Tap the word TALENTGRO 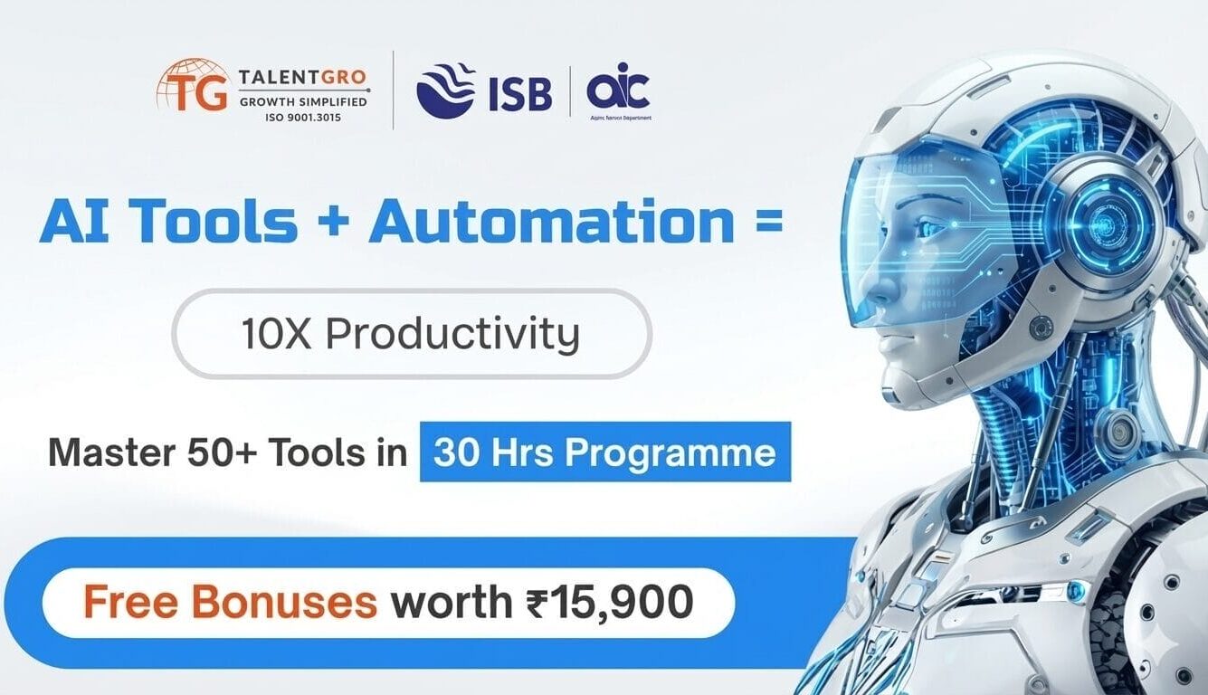pyautogui.click(x=304, y=79)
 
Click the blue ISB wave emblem pyautogui.click(x=446, y=90)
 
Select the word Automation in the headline pyautogui.click(x=551, y=223)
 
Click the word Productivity pyautogui.click(x=452, y=335)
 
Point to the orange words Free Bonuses pyautogui.click(x=230, y=602)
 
